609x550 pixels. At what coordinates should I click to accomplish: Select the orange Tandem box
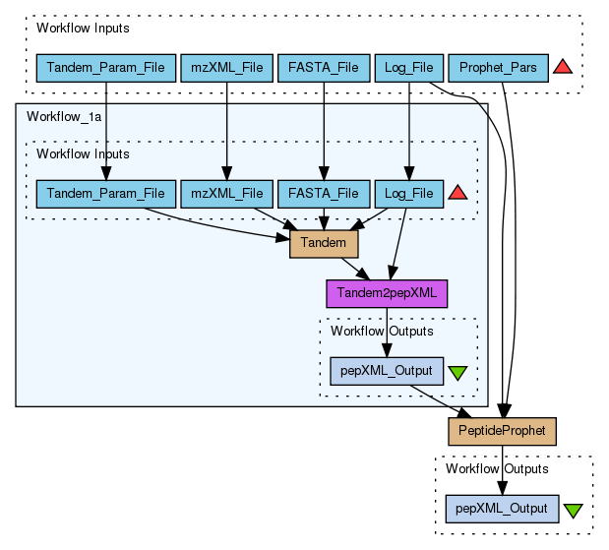[x=324, y=243]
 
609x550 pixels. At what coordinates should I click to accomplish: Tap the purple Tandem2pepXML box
[x=387, y=292]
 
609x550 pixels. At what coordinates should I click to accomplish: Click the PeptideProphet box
[x=503, y=431]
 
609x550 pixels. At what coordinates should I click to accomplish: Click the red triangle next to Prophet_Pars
[x=563, y=67]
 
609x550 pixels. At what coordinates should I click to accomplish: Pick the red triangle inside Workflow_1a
[x=457, y=193]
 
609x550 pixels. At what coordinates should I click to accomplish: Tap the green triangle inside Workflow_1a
[x=457, y=373]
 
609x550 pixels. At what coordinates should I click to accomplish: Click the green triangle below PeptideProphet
[x=573, y=511]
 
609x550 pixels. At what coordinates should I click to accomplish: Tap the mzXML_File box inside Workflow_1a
[x=227, y=193]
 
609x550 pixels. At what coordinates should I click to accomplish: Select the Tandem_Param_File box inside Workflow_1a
[x=106, y=193]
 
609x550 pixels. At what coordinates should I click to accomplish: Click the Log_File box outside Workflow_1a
[x=409, y=68]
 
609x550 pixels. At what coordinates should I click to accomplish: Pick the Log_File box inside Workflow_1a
[x=409, y=193]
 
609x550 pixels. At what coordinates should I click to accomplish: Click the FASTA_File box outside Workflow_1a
[x=324, y=68]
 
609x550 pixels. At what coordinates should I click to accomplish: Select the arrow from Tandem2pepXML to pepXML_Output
[x=387, y=332]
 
